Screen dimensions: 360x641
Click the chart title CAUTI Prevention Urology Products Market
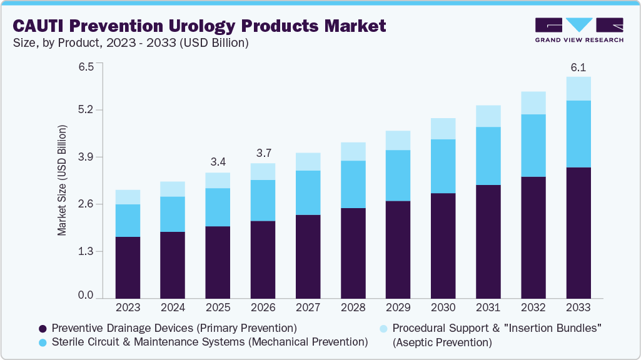pyautogui.click(x=199, y=26)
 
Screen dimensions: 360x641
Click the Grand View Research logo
pyautogui.click(x=579, y=29)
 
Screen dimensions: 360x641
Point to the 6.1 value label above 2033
pyautogui.click(x=578, y=67)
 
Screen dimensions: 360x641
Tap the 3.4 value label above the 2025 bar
pyautogui.click(x=218, y=162)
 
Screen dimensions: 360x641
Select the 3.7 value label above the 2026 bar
pyautogui.click(x=263, y=153)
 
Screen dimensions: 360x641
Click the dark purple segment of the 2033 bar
pyautogui.click(x=578, y=232)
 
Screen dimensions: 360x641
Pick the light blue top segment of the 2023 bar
pyautogui.click(x=128, y=197)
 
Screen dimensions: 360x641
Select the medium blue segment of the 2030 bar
pyautogui.click(x=443, y=166)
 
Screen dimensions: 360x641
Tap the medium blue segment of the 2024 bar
pyautogui.click(x=173, y=214)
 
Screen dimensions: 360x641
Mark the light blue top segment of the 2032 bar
pyautogui.click(x=533, y=103)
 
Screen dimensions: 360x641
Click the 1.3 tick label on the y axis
pyautogui.click(x=85, y=251)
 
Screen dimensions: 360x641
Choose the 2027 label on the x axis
pyautogui.click(x=308, y=308)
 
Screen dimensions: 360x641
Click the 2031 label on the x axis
pyautogui.click(x=488, y=308)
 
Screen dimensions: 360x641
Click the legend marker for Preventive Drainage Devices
pyautogui.click(x=43, y=328)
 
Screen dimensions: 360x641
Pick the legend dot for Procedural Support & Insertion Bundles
pyautogui.click(x=384, y=328)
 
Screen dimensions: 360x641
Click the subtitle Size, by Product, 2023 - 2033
pyautogui.click(x=131, y=43)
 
